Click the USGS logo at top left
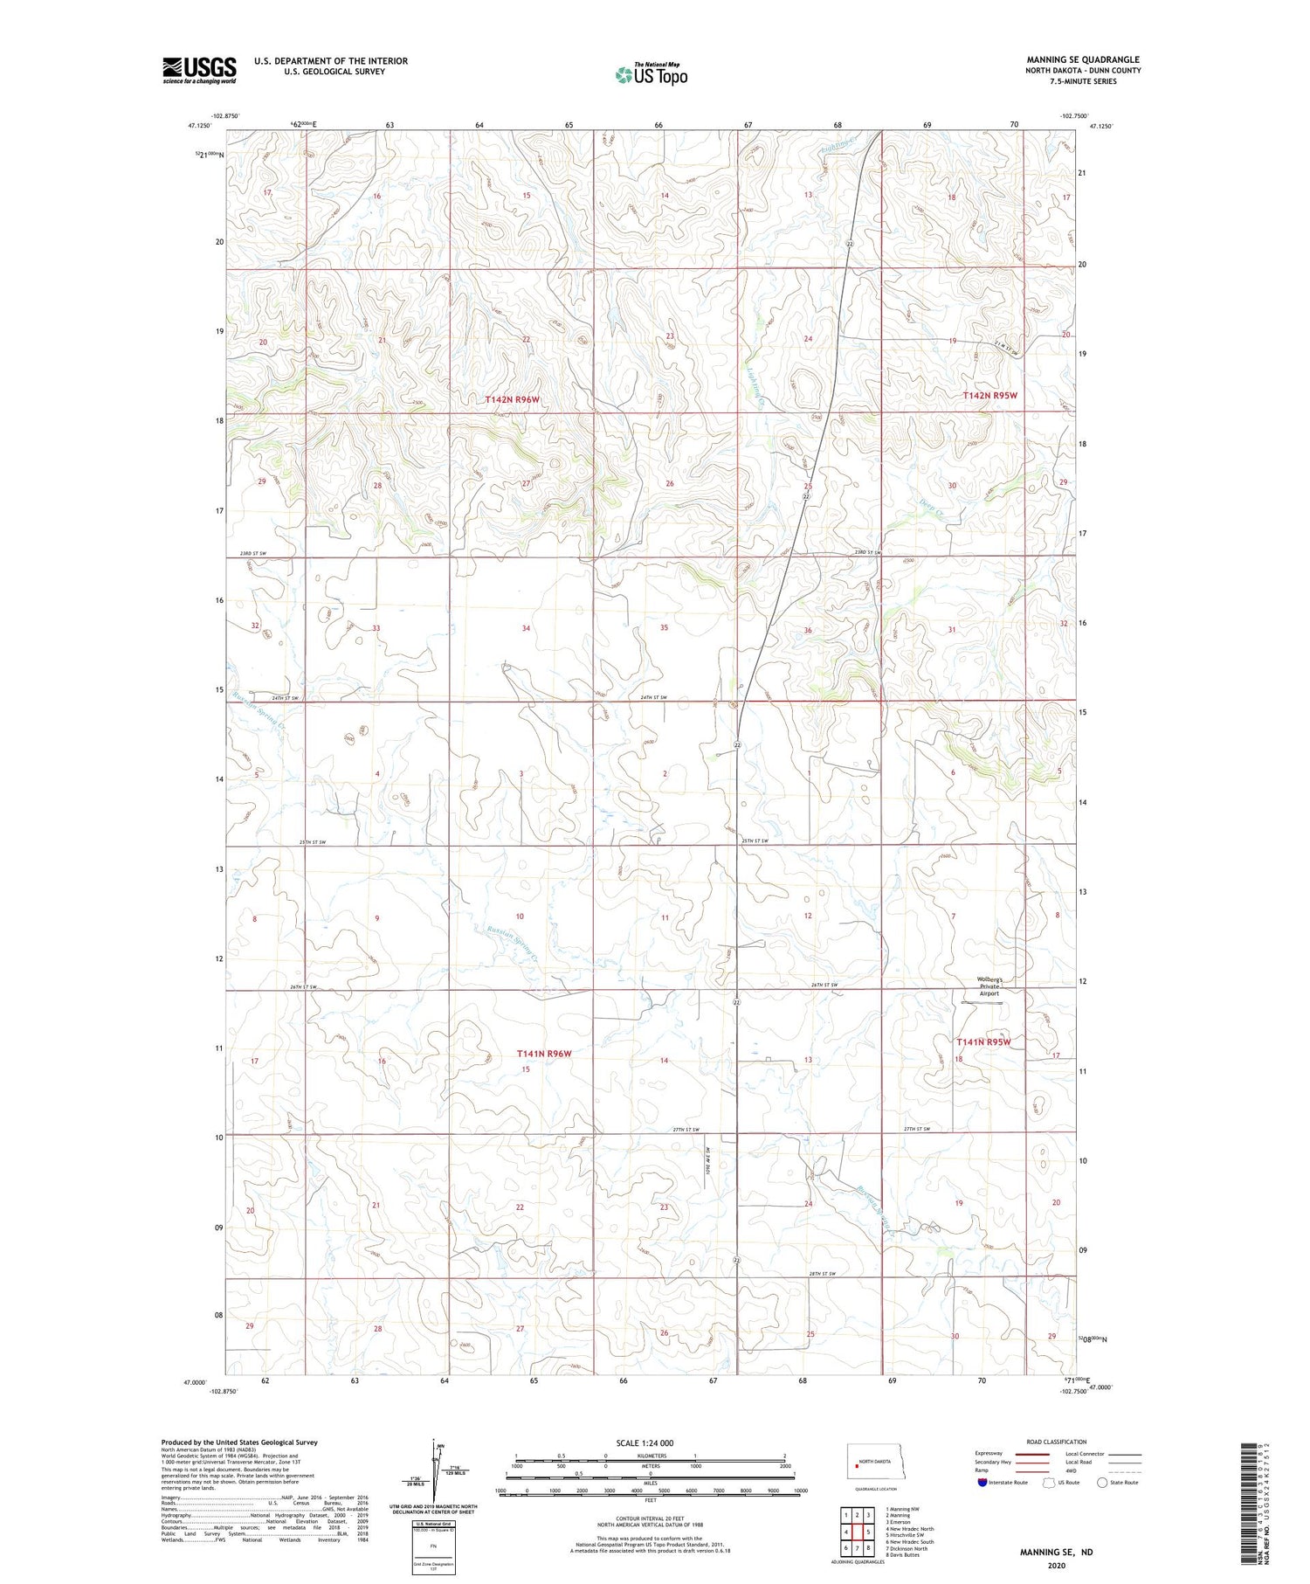click(x=199, y=70)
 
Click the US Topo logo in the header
click(x=651, y=74)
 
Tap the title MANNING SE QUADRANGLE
click(x=1083, y=59)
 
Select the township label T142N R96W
click(x=513, y=399)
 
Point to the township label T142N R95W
click(x=990, y=396)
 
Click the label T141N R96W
click(x=543, y=1054)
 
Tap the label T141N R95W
click(x=983, y=1041)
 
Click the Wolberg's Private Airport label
click(x=989, y=986)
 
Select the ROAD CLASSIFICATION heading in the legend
click(x=1056, y=1442)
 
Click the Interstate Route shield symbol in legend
click(x=982, y=1482)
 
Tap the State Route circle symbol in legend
click(x=1102, y=1482)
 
